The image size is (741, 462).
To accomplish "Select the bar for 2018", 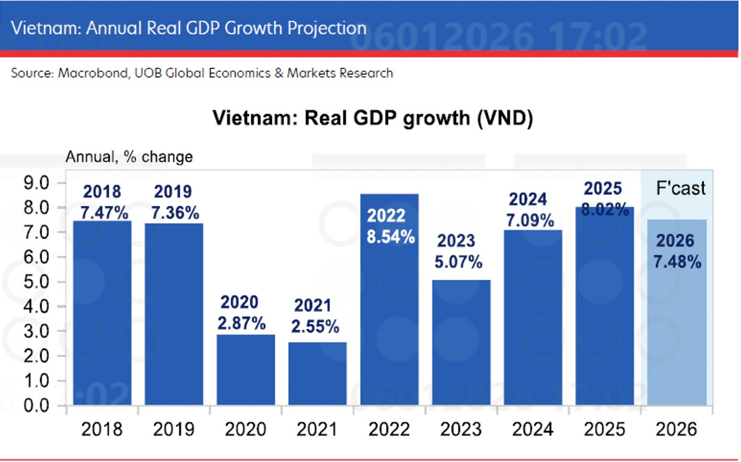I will coord(102,315).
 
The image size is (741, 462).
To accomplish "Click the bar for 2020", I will coord(246,371).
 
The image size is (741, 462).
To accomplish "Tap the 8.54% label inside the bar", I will coord(390,236).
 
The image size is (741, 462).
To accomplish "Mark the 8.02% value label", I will coord(603,210).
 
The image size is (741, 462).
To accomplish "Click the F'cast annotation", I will coord(680,188).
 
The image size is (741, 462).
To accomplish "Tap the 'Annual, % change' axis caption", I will coord(128,157).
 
